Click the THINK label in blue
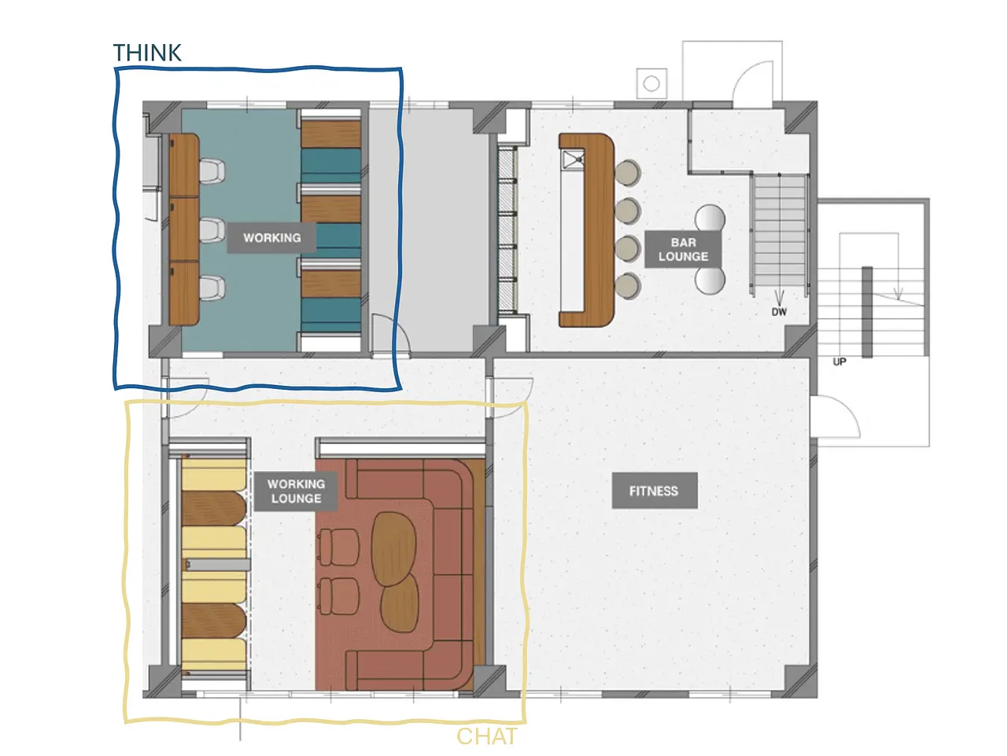[x=147, y=53]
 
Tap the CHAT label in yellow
[x=487, y=737]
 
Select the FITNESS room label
[x=654, y=491]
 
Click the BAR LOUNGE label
[x=683, y=249]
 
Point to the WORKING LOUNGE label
[x=296, y=491]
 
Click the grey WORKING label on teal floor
[x=271, y=238]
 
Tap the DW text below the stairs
[x=779, y=312]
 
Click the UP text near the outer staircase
[x=839, y=362]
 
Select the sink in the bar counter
[x=573, y=160]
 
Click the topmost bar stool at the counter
[x=628, y=173]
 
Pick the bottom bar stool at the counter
[x=628, y=286]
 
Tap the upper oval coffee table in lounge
[x=393, y=549]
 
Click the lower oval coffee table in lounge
[x=400, y=603]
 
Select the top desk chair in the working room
[x=212, y=171]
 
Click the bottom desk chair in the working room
[x=212, y=288]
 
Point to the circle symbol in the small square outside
[x=651, y=84]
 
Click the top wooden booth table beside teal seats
[x=330, y=134]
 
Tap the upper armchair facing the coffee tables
[x=340, y=548]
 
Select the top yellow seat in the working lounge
[x=214, y=475]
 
